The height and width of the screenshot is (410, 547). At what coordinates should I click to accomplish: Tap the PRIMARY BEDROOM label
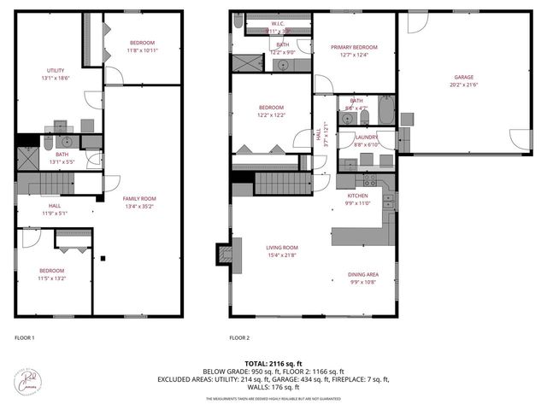355,47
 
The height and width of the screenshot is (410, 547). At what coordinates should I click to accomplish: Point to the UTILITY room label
56,70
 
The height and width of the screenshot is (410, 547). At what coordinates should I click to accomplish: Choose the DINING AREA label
362,274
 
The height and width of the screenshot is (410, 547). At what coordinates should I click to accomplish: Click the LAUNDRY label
367,137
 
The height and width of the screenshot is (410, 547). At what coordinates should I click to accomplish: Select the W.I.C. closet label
278,24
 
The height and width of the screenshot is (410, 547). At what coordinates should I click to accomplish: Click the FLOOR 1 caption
25,337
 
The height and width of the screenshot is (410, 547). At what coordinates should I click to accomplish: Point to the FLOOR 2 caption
239,337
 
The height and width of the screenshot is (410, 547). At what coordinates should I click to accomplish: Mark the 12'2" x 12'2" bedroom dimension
271,114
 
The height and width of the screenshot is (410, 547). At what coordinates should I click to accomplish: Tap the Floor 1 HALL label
54,206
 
